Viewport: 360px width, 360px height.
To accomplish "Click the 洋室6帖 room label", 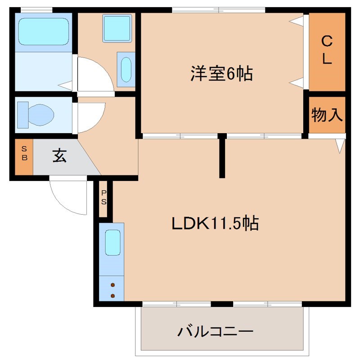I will coord(221,73).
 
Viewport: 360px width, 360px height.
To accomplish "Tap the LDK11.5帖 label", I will coord(215,223).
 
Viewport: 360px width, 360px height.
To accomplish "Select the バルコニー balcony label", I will coord(215,333).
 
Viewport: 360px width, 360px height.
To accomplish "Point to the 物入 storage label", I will coord(327,115).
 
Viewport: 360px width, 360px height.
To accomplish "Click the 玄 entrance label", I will coord(60,156).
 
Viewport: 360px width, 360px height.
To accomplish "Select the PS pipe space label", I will coord(104,197).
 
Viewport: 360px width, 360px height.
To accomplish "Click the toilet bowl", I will coord(40,114).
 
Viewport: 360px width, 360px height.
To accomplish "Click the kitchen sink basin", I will coord(112,243).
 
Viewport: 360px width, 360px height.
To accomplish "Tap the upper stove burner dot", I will coord(112,285).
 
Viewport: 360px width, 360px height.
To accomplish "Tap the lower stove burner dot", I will coord(112,296).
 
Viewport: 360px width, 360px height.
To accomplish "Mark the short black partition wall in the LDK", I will coord(221,156).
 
